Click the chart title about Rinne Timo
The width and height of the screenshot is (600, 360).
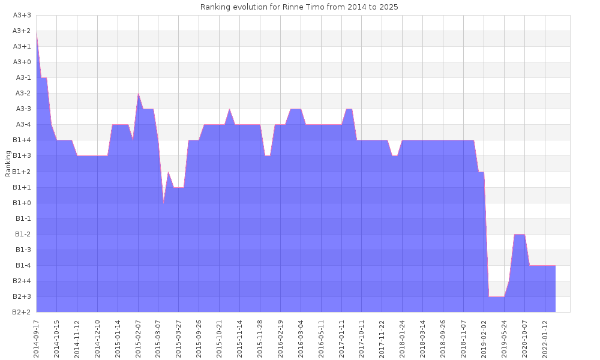click(x=299, y=7)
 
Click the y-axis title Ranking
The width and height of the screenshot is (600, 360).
click(x=8, y=163)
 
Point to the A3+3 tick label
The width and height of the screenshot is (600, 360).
click(x=22, y=15)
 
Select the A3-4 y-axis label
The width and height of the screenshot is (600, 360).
click(x=22, y=124)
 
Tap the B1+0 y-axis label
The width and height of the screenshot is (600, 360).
click(x=22, y=203)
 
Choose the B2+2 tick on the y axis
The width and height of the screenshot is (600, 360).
click(x=22, y=312)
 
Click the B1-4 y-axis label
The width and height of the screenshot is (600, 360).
click(x=22, y=265)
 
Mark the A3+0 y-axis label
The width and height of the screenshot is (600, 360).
click(x=22, y=62)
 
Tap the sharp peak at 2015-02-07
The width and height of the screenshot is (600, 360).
click(x=139, y=94)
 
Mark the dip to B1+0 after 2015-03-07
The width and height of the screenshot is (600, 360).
click(x=164, y=203)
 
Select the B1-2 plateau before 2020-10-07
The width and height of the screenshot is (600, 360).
click(x=520, y=235)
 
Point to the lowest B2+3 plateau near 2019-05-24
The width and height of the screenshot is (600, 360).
click(x=496, y=296)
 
